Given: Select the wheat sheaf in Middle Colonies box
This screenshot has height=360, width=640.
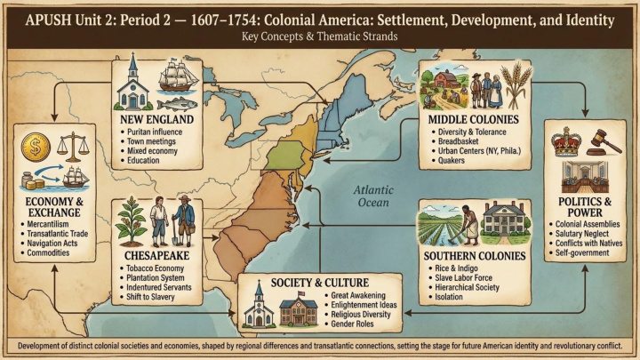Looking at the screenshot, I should click(x=514, y=85).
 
